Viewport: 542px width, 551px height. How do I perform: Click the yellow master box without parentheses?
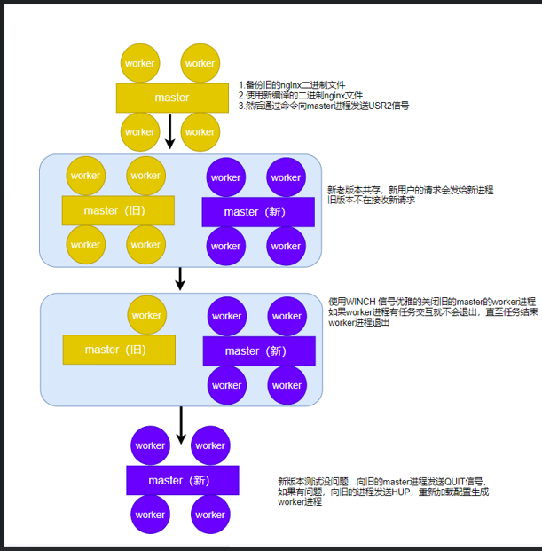(x=171, y=97)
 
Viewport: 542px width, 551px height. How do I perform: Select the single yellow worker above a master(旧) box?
(x=145, y=315)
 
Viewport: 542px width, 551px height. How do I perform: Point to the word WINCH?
(x=364, y=302)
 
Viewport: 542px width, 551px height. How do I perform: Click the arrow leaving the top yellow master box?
(x=170, y=131)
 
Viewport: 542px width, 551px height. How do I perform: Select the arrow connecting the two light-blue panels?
(x=180, y=279)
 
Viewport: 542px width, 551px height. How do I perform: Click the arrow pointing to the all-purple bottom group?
(x=181, y=425)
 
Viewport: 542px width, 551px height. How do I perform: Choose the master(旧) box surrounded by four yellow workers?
(x=117, y=210)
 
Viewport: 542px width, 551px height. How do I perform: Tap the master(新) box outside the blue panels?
(x=182, y=481)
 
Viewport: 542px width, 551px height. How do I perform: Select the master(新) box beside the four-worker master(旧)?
(x=257, y=212)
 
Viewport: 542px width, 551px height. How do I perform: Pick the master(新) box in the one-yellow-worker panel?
(x=258, y=350)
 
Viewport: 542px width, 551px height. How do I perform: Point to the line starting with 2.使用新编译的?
(x=300, y=96)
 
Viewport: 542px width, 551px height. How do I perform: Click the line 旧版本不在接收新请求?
(x=371, y=200)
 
